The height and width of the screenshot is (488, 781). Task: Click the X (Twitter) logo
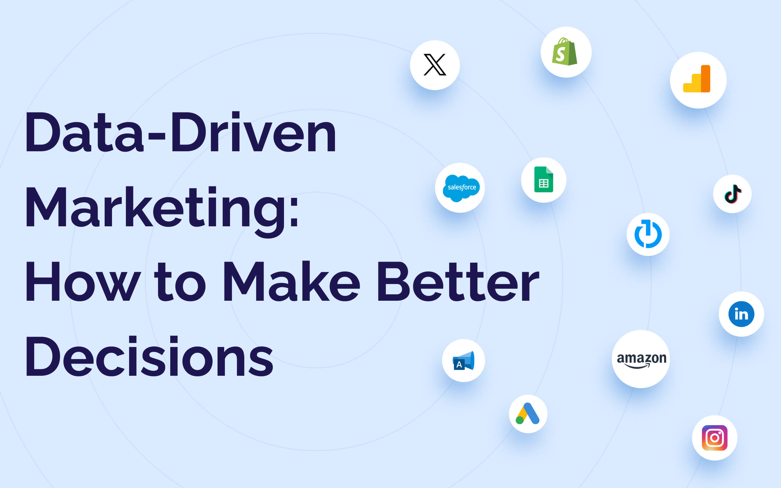click(x=435, y=65)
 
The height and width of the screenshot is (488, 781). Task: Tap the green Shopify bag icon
click(x=564, y=52)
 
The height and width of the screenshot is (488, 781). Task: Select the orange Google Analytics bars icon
click(x=696, y=79)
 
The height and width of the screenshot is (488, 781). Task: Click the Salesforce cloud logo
click(x=461, y=188)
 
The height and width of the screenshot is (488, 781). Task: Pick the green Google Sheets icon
click(x=543, y=179)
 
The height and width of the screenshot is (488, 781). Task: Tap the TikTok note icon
click(x=732, y=194)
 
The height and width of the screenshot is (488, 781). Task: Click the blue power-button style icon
click(x=648, y=234)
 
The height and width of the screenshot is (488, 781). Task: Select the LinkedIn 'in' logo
click(x=741, y=314)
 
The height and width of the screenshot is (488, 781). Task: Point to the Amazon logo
click(x=642, y=361)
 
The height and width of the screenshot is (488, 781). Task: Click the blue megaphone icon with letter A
click(x=463, y=361)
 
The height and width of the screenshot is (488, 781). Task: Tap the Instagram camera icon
click(x=714, y=438)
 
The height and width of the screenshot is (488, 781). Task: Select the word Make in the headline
click(x=291, y=282)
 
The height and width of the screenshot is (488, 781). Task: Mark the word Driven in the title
click(x=254, y=132)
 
